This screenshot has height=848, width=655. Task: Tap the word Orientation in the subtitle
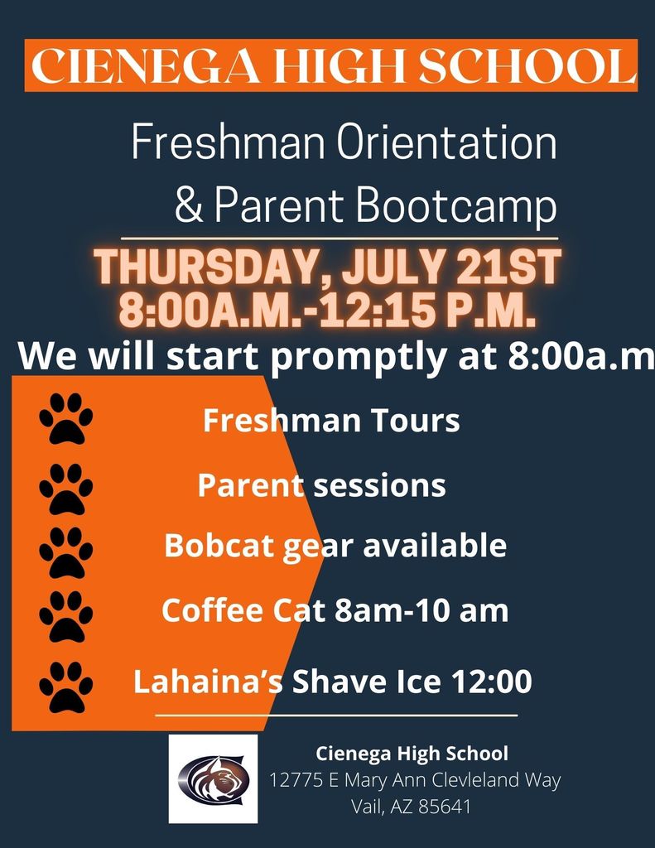click(x=446, y=142)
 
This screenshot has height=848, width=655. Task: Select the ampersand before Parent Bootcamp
click(x=189, y=205)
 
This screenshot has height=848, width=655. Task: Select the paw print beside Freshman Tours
click(x=66, y=418)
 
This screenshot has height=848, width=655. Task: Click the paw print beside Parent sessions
click(x=66, y=489)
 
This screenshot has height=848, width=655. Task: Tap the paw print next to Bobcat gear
click(x=66, y=552)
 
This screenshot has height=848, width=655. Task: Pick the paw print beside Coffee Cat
click(x=66, y=616)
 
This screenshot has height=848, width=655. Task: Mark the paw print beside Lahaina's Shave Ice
click(x=66, y=687)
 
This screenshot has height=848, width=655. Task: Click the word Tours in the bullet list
click(x=415, y=421)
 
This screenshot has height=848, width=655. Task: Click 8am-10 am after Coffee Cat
click(x=421, y=610)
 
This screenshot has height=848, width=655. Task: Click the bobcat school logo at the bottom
click(x=213, y=778)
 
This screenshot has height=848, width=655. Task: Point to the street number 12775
click(x=296, y=780)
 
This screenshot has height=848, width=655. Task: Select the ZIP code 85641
click(x=445, y=807)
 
